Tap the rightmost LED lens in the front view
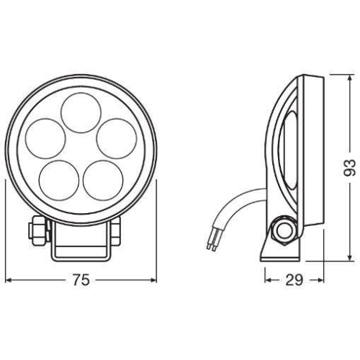coord(117,138)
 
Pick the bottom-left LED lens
coord(60,179)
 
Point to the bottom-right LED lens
coord(103,179)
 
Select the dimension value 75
coord(81,281)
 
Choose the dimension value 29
coord(292,281)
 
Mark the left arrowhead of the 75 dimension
coord(9,281)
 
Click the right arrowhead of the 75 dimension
coord(153,281)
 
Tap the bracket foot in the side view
coord(277,252)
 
